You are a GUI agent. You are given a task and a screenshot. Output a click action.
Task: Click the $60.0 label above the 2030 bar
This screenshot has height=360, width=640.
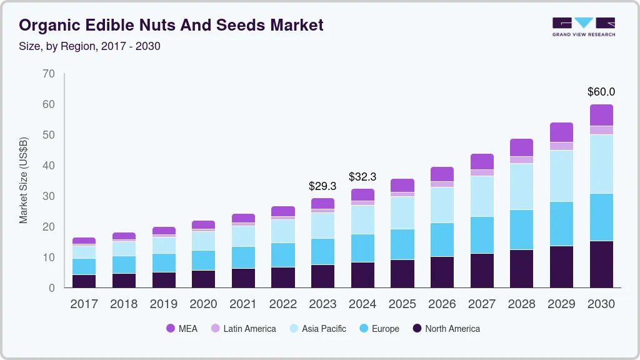(x=601, y=92)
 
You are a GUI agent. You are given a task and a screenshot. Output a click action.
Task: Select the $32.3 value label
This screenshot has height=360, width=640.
(x=362, y=177)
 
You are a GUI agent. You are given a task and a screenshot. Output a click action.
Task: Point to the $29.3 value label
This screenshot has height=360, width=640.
(x=322, y=186)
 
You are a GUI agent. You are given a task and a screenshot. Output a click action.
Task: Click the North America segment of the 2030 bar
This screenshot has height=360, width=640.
(x=601, y=264)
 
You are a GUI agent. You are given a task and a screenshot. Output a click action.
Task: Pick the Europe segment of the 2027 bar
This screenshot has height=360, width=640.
(x=482, y=235)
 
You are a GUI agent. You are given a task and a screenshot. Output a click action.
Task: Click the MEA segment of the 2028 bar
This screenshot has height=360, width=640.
(x=521, y=147)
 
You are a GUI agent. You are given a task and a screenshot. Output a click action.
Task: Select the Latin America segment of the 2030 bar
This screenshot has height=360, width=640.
(x=601, y=130)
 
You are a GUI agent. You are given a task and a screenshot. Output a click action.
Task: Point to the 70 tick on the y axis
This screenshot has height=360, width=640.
(x=49, y=74)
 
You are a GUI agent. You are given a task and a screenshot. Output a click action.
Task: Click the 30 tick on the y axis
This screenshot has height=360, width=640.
(x=49, y=196)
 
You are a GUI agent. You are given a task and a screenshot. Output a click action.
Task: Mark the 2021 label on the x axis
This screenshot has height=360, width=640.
(x=243, y=304)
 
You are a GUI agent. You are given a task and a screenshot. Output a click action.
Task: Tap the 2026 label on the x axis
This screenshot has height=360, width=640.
(x=442, y=304)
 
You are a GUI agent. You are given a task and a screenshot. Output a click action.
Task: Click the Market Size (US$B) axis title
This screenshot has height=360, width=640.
(x=24, y=180)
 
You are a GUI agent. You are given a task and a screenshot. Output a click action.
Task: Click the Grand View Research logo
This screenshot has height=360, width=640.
(x=583, y=26)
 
